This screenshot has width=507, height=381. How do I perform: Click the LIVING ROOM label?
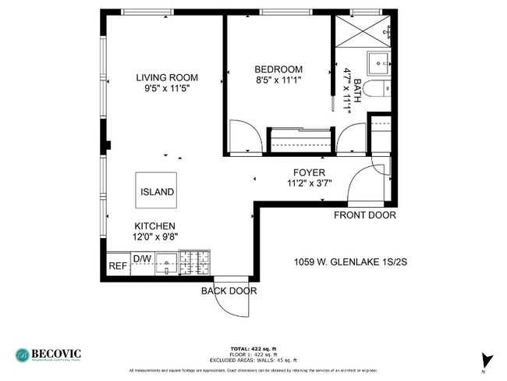(x=166, y=77)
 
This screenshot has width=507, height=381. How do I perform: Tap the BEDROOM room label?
(x=278, y=69)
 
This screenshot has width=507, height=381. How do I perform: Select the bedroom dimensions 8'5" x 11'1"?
(x=278, y=80)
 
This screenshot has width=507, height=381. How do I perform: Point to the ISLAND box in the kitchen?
(x=157, y=191)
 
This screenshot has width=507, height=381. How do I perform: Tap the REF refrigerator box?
(x=117, y=265)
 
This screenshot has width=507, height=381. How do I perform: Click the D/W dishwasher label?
(x=142, y=258)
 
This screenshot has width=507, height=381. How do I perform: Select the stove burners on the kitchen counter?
(x=194, y=263)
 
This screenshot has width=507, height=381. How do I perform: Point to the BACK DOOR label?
(x=229, y=291)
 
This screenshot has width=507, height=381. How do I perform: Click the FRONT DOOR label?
(x=364, y=215)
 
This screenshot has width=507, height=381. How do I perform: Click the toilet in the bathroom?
(x=378, y=88)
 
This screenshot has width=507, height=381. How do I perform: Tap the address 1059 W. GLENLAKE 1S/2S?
(x=349, y=262)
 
